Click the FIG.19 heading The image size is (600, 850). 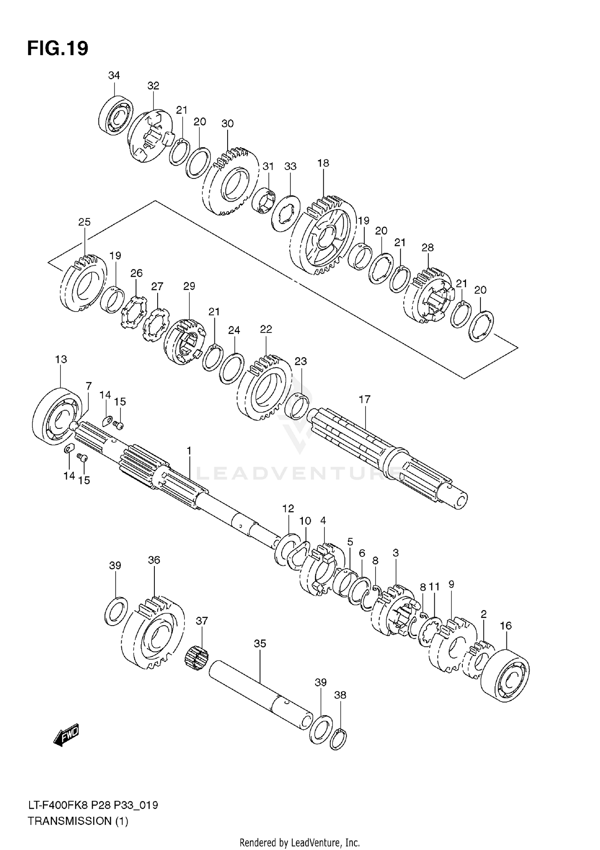tap(58, 49)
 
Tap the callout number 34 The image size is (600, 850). tap(114, 75)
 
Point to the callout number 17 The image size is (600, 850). tap(364, 399)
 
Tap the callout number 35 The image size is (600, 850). tap(260, 644)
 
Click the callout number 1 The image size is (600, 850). tap(189, 451)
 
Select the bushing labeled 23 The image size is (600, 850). tap(299, 406)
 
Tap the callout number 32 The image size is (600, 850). tap(153, 86)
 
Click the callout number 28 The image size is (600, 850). tap(427, 248)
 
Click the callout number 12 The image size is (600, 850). tap(288, 508)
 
